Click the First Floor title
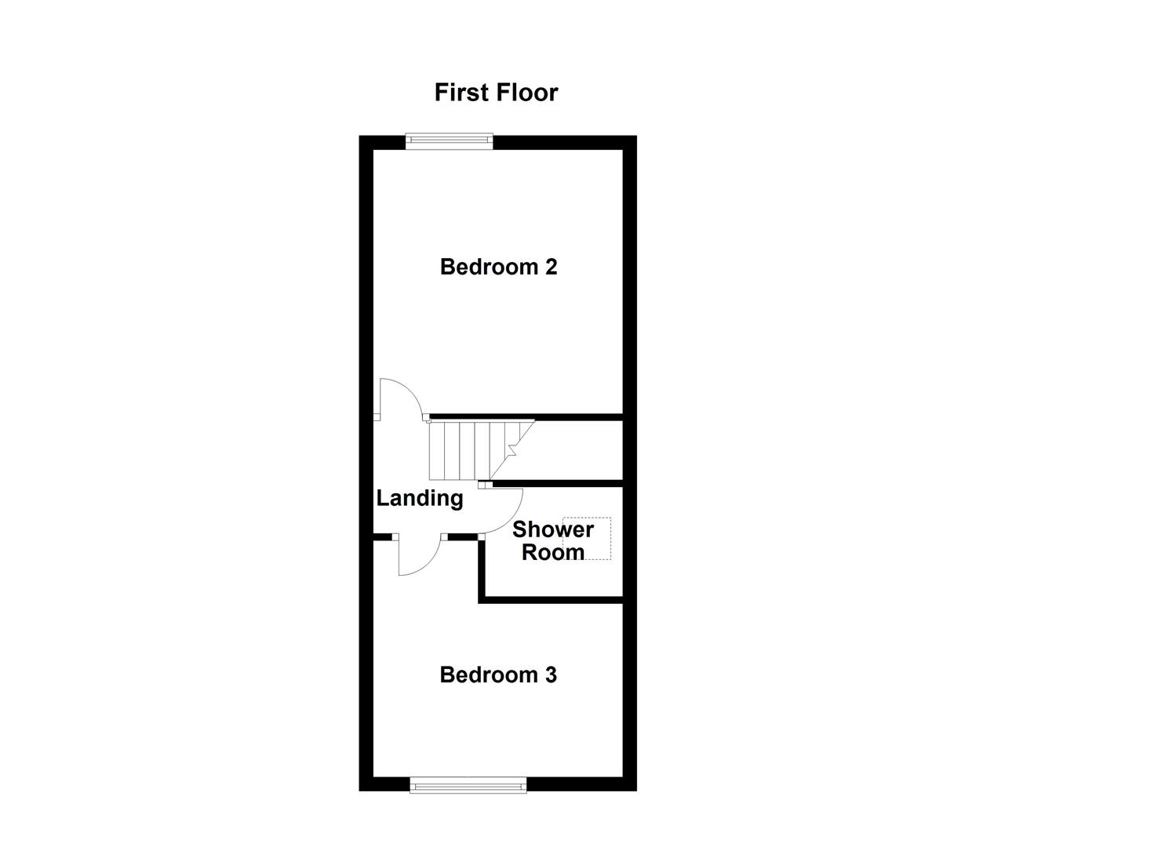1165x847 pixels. point(496,93)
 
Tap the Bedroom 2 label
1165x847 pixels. point(498,267)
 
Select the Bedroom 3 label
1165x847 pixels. point(498,674)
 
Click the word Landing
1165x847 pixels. point(420,498)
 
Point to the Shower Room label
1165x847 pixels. point(552,540)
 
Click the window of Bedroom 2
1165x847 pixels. point(449,141)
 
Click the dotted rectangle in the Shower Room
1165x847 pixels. point(596,538)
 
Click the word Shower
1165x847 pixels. point(552,529)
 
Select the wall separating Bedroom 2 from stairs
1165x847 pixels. point(526,416)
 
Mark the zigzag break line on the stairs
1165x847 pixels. point(512,449)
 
